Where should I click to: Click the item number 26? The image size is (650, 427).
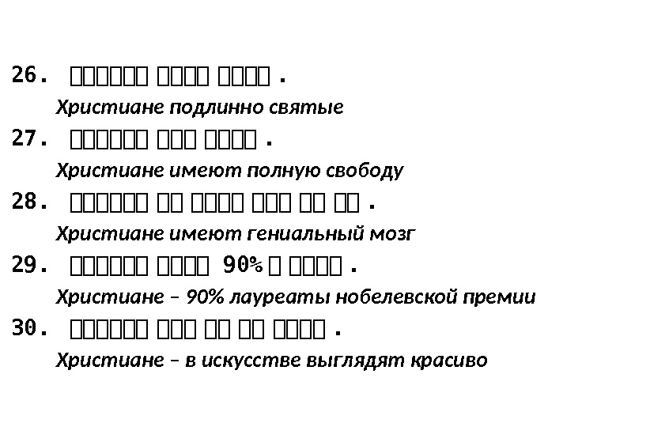tap(30, 76)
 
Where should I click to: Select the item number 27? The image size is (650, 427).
tap(30, 139)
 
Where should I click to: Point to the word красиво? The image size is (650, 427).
tap(444, 361)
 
